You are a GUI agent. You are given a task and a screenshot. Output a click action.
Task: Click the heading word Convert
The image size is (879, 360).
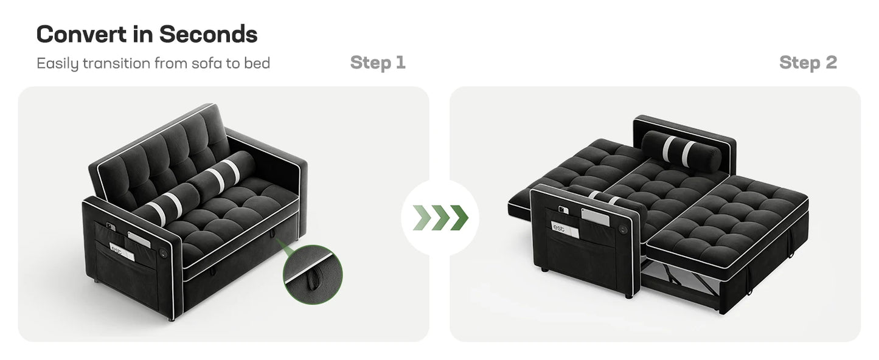82,34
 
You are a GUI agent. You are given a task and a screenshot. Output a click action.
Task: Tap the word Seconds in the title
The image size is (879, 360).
209,34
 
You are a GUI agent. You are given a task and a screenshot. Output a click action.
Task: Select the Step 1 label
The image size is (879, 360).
378,63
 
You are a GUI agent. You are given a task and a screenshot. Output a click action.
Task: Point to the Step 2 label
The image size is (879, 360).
808,63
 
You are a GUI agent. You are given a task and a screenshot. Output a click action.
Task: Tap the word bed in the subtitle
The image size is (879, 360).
257,63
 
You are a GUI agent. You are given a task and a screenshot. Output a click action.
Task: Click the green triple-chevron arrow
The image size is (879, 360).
440,217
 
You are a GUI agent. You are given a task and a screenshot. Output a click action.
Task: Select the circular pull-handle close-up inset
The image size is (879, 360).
312,274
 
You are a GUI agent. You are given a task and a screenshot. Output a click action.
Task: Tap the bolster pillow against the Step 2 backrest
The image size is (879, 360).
682,151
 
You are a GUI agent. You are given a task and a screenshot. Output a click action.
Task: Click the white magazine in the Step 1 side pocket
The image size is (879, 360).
122,251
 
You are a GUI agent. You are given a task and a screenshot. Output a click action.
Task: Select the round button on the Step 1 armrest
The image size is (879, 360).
164,252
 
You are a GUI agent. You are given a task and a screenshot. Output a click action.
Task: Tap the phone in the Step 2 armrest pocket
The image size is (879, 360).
564,210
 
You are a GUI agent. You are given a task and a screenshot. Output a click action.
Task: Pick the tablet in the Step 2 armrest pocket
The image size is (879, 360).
596,217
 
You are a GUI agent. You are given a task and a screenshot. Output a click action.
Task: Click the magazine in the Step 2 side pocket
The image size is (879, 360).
565,230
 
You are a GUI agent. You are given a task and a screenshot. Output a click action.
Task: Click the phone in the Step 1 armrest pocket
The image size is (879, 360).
110,226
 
